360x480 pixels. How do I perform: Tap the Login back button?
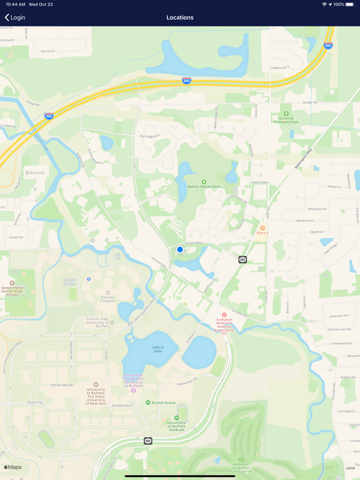point(15,17)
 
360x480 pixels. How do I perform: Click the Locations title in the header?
point(180,17)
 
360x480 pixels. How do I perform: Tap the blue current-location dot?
point(180,249)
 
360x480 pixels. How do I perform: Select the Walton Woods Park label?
point(204,186)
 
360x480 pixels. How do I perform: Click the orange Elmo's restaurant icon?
point(262,229)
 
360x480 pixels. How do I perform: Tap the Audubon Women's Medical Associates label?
point(224,324)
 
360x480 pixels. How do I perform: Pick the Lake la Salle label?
point(157,348)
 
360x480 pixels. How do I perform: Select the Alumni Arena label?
point(161,402)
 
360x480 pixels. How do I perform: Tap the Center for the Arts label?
point(133,381)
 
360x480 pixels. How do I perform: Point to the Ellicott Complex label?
point(107,299)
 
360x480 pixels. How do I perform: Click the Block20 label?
point(36,172)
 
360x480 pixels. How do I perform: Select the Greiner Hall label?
point(98,321)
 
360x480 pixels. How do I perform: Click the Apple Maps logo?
point(12,467)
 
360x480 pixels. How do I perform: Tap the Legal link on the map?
point(350,467)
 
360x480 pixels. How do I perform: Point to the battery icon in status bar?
point(350,4)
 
